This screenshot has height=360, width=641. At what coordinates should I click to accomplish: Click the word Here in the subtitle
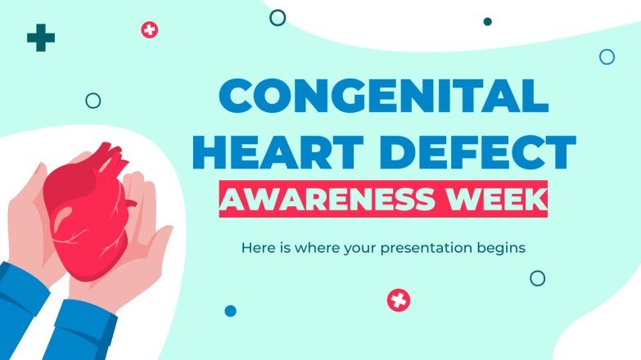pos(256,245)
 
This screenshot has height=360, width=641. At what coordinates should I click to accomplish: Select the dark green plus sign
pos(41,38)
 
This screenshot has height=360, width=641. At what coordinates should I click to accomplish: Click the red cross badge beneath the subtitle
pos(399,300)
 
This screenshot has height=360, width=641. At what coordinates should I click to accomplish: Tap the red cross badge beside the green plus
pos(149,30)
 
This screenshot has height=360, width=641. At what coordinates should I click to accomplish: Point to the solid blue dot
pos(230,311)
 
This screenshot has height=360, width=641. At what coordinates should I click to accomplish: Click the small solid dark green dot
pos(487,21)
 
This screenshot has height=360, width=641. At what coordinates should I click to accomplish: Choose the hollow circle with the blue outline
pos(607,56)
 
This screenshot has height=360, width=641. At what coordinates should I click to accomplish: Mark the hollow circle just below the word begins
pos(537,278)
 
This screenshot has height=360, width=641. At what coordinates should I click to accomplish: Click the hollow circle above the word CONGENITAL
pos(278,17)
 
